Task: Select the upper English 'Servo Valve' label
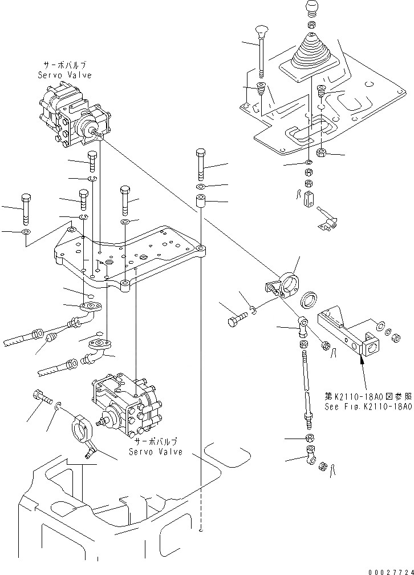tap(64, 75)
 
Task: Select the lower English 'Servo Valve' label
tap(155, 452)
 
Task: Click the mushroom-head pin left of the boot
tap(261, 49)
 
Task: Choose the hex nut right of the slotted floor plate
tap(321, 152)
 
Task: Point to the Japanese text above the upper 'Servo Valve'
tap(64, 66)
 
